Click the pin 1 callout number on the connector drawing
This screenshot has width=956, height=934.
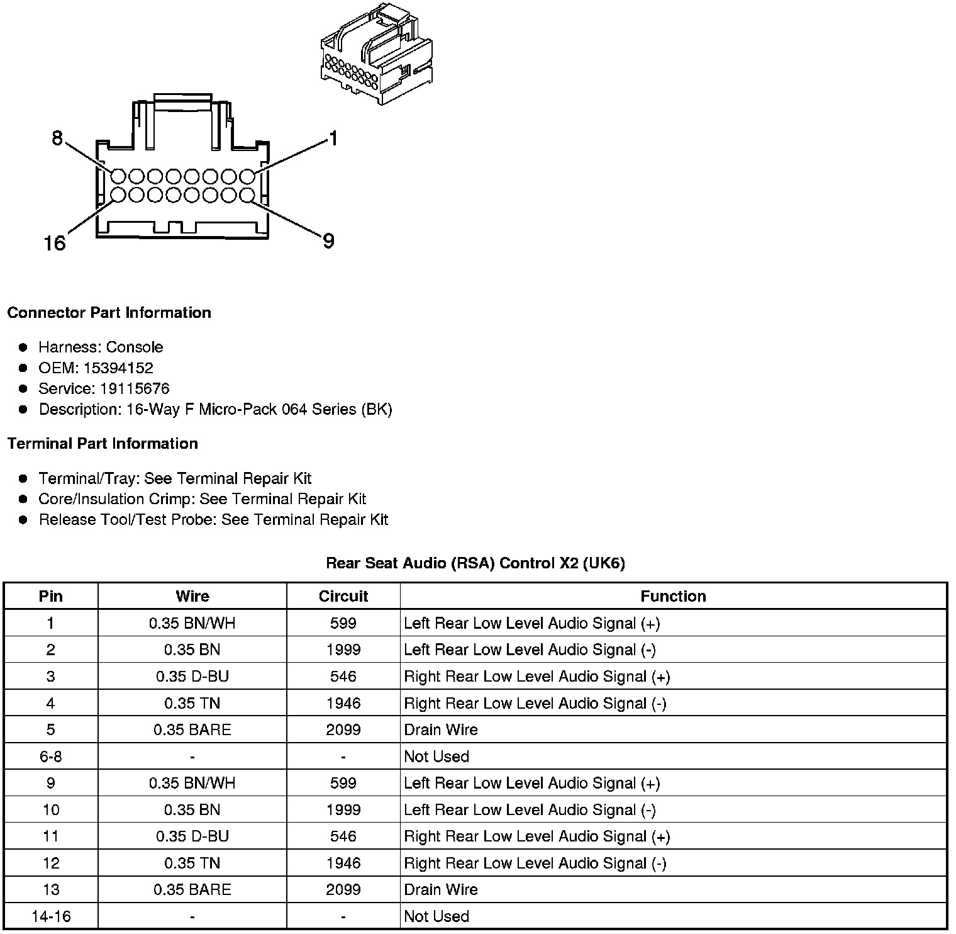333,138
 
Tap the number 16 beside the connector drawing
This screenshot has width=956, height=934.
55,242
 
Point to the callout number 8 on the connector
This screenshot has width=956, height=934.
57,138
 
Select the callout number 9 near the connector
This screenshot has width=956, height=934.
328,240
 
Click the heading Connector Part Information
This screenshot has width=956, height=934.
109,313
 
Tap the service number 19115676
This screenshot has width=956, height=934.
134,388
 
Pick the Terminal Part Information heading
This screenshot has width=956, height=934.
103,444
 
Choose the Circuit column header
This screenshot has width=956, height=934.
343,596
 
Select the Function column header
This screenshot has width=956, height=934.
673,596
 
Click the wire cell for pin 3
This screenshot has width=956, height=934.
192,677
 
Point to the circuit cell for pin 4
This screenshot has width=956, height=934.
343,703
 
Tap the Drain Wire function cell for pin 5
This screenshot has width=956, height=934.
441,729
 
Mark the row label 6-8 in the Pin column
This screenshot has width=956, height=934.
51,757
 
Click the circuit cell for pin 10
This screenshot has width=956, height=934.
343,809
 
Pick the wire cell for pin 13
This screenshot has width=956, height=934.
192,889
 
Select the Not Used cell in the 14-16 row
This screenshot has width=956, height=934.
436,916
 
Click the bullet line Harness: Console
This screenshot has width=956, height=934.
101,347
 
